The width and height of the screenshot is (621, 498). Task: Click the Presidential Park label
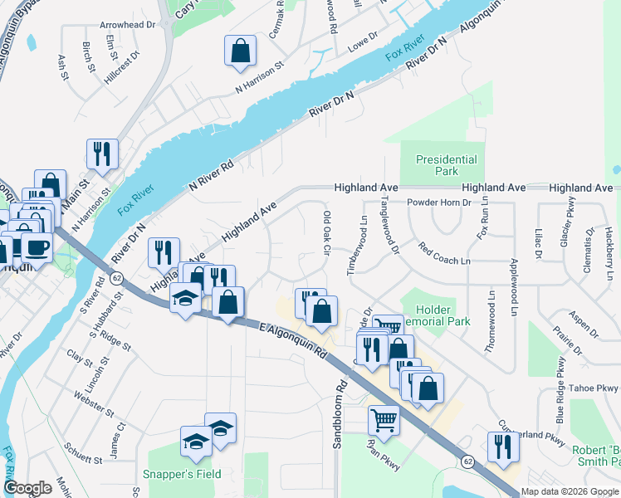point(447,165)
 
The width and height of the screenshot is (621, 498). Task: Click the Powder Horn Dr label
point(439,202)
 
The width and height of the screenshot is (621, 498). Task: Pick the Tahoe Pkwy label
point(596,388)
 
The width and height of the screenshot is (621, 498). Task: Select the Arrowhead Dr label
point(127,26)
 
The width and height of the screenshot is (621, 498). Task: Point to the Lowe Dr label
point(362,38)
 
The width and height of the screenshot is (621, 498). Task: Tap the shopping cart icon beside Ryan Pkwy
point(384,420)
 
